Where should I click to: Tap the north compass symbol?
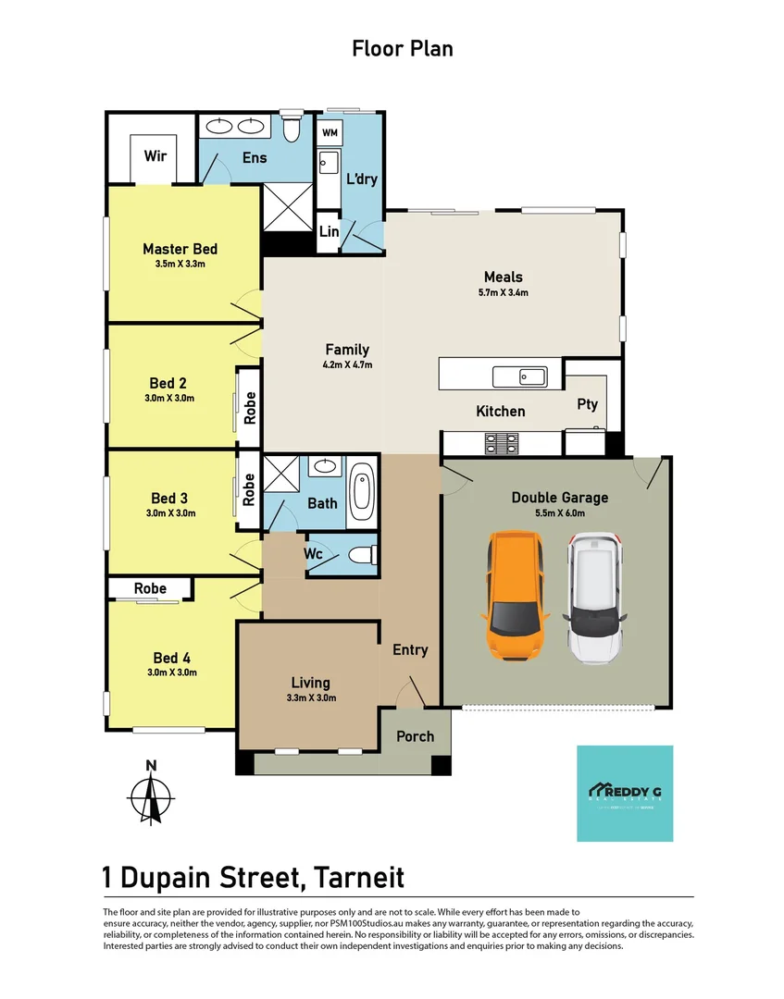pyautogui.click(x=151, y=795)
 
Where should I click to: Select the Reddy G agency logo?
pyautogui.click(x=625, y=793)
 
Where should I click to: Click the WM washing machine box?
pyautogui.click(x=330, y=133)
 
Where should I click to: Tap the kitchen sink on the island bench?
pyautogui.click(x=520, y=376)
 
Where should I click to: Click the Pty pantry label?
pyautogui.click(x=587, y=404)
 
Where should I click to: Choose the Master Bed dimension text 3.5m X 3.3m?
pyautogui.click(x=180, y=264)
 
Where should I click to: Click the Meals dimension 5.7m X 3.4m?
pyautogui.click(x=504, y=292)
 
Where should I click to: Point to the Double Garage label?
pyautogui.click(x=560, y=498)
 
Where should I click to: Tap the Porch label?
pyautogui.click(x=415, y=736)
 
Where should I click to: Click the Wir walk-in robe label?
pyautogui.click(x=155, y=155)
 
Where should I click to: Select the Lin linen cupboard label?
pyautogui.click(x=329, y=232)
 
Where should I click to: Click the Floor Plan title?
pyautogui.click(x=402, y=48)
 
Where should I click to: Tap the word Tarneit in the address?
pyautogui.click(x=358, y=876)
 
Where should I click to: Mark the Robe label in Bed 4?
pyautogui.click(x=150, y=588)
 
